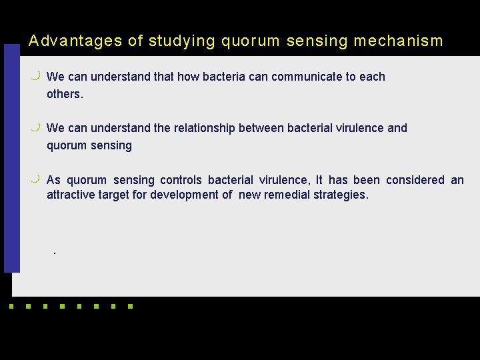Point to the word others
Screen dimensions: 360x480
pos(65,94)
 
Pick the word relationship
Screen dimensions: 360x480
pos(200,128)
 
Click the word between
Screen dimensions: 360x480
pos(261,128)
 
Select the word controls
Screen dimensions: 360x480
pos(181,180)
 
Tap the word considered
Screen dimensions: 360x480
pos(415,180)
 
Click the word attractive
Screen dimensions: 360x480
pos(71,195)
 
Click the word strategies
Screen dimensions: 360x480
pos(343,195)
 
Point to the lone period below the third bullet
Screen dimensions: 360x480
pos(54,254)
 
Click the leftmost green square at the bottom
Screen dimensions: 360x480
pos(10,307)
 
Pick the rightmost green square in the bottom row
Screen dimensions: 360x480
pos(130,307)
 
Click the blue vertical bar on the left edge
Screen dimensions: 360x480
pos(11,160)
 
